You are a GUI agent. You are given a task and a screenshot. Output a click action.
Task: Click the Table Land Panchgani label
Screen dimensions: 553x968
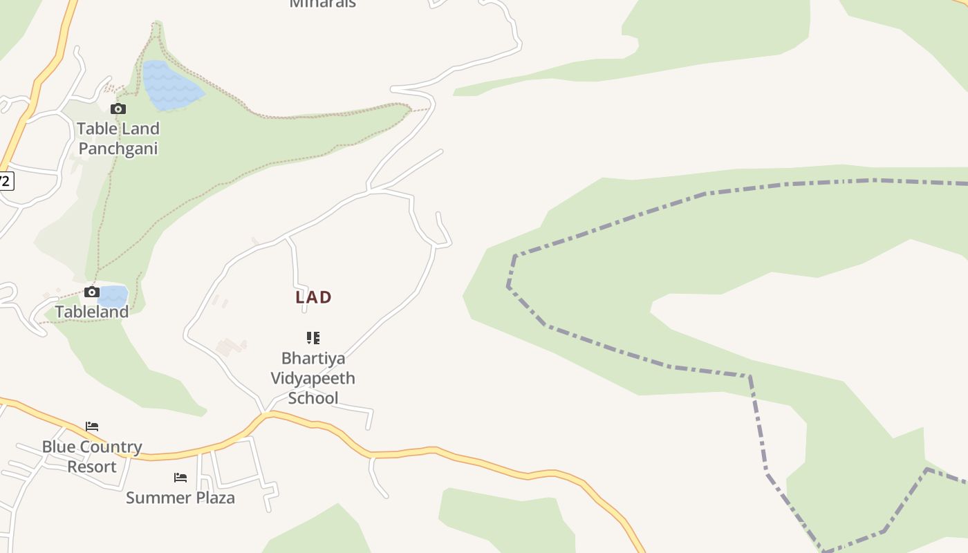pos(118,138)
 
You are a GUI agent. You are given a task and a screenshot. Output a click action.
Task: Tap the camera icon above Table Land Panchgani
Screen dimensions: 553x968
pos(118,109)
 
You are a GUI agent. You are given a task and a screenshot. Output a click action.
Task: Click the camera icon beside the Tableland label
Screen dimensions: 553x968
pos(91,292)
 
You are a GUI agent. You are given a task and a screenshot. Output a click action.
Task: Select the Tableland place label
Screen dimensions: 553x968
pos(92,312)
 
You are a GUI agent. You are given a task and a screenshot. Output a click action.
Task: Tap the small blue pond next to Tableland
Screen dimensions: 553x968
pos(113,296)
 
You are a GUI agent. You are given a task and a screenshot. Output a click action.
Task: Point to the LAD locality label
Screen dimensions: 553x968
pos(313,297)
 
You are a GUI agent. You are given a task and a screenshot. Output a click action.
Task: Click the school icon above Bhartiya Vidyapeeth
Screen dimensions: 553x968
pos(313,338)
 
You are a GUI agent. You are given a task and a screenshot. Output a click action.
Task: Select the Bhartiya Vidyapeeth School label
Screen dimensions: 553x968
pos(313,378)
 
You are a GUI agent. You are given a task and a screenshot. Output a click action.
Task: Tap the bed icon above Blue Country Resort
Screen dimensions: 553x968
pos(92,427)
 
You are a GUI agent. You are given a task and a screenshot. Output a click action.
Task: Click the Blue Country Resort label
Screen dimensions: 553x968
pos(92,457)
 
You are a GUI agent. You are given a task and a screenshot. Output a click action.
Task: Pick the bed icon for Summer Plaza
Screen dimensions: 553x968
pos(180,478)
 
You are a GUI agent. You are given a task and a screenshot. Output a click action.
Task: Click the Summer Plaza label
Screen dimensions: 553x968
pos(180,498)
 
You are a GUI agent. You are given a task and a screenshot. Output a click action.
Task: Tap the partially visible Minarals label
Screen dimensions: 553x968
pos(323,3)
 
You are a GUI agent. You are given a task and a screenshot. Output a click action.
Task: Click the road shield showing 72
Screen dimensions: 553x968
pos(5,181)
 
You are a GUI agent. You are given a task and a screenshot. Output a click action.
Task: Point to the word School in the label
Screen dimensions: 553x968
pos(313,398)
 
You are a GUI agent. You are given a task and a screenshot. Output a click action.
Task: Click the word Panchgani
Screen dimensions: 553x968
pos(118,149)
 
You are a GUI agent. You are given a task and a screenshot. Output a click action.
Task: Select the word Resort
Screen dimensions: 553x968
pos(92,467)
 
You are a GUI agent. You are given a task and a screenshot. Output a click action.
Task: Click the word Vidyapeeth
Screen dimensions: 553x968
pos(313,378)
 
